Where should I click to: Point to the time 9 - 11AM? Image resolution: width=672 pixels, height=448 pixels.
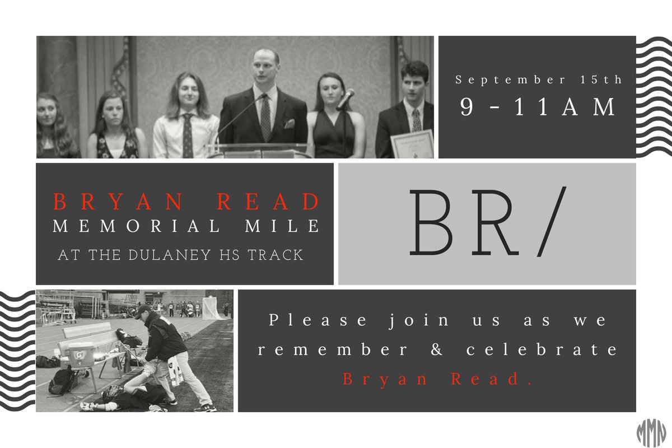(x=538, y=107)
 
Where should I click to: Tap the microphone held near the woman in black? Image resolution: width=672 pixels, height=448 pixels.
(x=346, y=99)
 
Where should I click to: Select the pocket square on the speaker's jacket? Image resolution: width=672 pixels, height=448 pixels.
(x=289, y=123)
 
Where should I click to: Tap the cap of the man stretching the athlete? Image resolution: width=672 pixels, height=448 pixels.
(x=143, y=309)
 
